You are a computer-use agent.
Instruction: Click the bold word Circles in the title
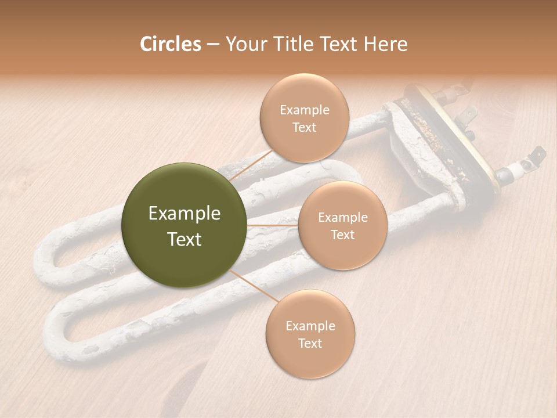tap(170, 44)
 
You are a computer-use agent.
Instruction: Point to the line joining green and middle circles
tap(272, 225)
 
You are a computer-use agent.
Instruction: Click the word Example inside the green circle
tap(185, 214)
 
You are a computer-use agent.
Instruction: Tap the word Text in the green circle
tap(185, 239)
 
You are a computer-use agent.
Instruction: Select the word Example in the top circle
tap(304, 110)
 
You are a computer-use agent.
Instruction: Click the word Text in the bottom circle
tap(310, 343)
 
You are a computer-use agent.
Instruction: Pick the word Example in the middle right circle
tap(342, 218)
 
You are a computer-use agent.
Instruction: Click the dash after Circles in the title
tap(212, 45)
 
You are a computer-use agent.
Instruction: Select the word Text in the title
tap(338, 44)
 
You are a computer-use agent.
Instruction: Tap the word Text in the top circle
tap(304, 128)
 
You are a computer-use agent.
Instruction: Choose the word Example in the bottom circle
tap(310, 326)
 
